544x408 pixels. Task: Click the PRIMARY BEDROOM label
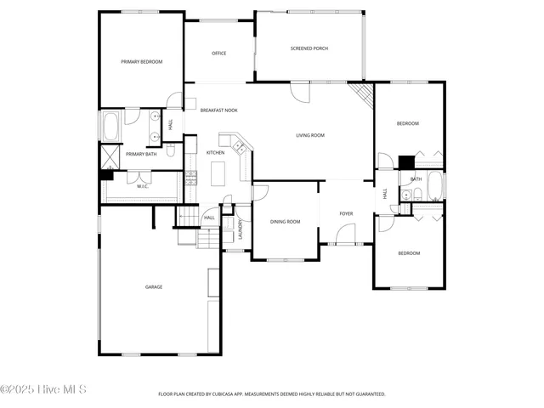click(141, 62)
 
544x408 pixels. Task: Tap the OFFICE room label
click(218, 54)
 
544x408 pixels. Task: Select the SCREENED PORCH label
click(309, 48)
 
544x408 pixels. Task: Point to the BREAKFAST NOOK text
click(218, 110)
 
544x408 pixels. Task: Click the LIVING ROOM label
click(310, 135)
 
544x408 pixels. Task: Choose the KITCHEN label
click(215, 153)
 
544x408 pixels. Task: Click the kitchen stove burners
click(191, 178)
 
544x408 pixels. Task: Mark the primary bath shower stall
click(110, 155)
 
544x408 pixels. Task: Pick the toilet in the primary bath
click(171, 151)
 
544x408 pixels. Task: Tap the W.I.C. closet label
click(143, 186)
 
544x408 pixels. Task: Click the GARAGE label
click(153, 286)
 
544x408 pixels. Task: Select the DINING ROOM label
click(285, 222)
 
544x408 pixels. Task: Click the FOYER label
click(346, 213)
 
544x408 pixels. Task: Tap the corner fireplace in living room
click(363, 93)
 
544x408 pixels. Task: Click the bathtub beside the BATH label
click(434, 185)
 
